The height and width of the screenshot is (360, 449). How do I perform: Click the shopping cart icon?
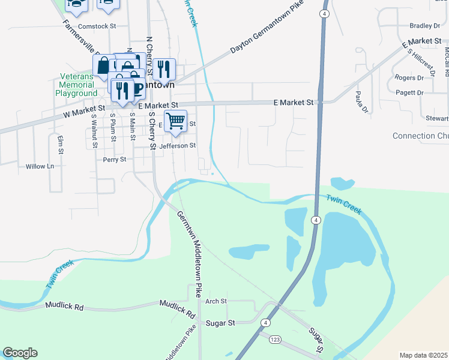point(175,121)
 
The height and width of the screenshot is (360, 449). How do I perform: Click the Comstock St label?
point(97,26)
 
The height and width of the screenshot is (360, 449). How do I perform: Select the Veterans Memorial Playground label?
point(76,85)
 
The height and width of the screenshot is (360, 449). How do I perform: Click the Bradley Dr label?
point(424,26)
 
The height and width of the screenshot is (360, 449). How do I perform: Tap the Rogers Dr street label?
point(409,77)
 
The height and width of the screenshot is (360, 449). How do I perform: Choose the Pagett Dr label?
point(410,92)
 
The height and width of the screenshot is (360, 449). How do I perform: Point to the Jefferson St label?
point(177,145)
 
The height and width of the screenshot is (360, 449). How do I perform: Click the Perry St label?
point(114,160)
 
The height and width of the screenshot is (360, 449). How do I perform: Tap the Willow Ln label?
point(40,166)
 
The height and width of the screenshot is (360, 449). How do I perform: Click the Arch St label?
point(215,301)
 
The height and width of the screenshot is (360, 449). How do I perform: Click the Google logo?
point(20,353)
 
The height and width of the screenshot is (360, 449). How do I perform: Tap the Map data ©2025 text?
point(423,355)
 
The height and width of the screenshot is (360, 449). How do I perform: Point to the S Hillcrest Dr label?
point(421,62)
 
